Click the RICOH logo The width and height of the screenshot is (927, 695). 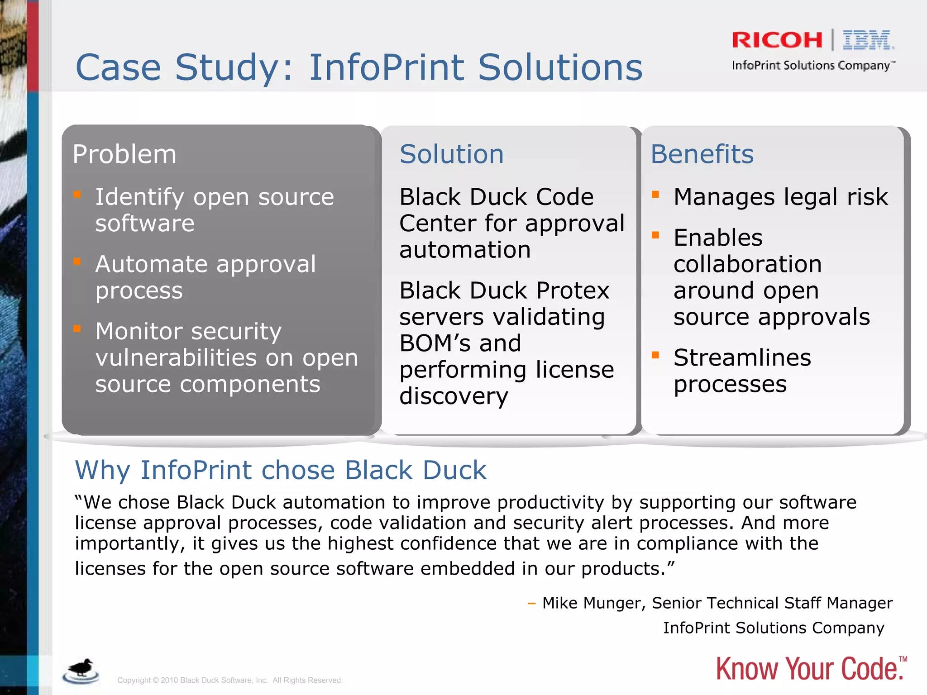777,40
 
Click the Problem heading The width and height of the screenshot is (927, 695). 124,154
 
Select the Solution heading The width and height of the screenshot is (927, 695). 451,154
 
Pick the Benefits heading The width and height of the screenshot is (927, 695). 702,154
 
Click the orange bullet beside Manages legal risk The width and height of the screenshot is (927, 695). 655,195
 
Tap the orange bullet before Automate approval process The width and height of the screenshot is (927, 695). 77,262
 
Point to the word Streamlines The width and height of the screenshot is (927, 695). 742,358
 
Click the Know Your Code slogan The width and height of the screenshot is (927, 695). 810,669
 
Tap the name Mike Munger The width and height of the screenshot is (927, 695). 594,603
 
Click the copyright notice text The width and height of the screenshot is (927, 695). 230,680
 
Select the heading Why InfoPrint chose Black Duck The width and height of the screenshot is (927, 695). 281,470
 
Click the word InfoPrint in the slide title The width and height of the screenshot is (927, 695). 387,68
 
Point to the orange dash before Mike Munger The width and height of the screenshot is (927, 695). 532,604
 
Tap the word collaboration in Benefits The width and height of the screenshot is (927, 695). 747,264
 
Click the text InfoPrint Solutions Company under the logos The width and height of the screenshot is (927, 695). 812,66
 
